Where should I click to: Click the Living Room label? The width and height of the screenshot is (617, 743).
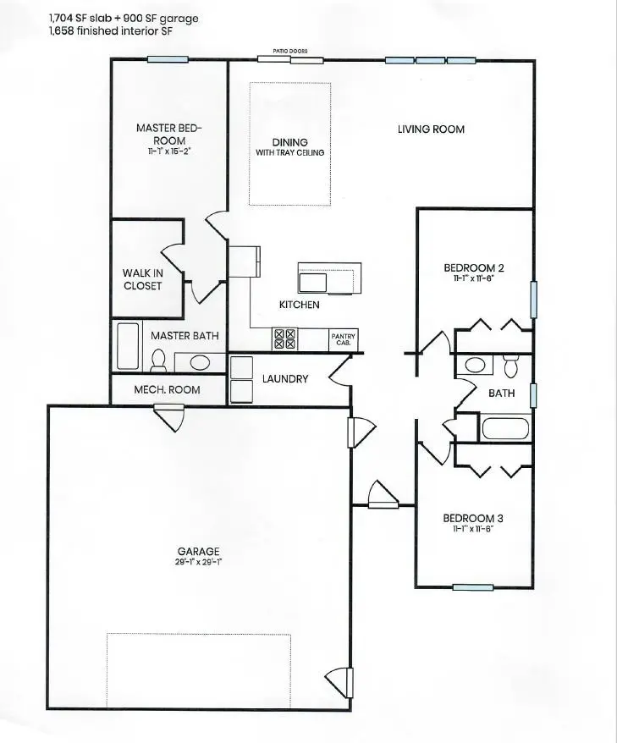(431, 129)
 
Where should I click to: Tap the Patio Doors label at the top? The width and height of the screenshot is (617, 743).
(289, 52)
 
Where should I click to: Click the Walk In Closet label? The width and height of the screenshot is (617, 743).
(142, 279)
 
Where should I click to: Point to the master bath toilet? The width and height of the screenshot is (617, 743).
(157, 360)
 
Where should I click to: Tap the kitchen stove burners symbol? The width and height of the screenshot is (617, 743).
(284, 338)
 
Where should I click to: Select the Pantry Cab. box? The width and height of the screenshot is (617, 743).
(343, 338)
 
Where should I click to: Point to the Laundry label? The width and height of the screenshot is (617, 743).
(284, 379)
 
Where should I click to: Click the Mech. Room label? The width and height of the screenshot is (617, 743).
(168, 390)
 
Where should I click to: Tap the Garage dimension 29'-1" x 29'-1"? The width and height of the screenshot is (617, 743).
(198, 561)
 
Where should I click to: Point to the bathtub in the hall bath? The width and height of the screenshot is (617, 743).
(506, 427)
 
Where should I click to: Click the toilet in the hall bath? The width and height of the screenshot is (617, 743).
(510, 366)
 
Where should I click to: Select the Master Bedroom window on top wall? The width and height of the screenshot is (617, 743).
(168, 59)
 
